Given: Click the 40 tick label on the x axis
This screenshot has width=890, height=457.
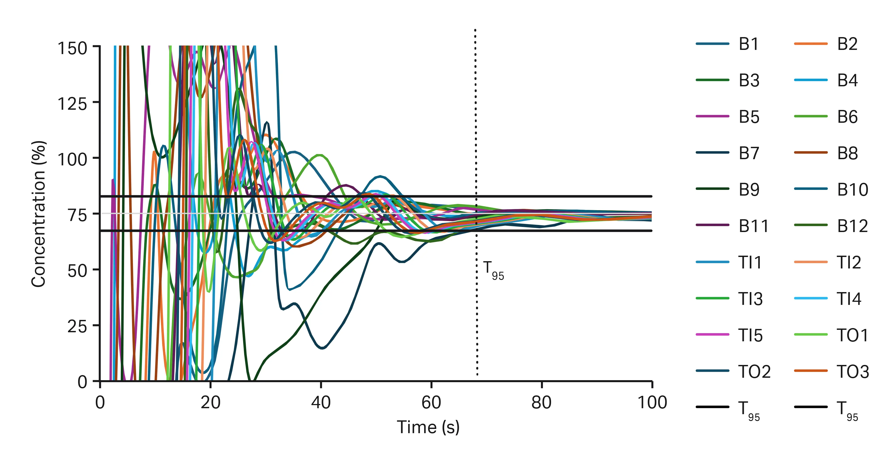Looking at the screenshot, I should [321, 403].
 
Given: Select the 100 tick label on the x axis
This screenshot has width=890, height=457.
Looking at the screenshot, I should [652, 403].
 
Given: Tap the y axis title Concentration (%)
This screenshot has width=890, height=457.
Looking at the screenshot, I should [38, 214].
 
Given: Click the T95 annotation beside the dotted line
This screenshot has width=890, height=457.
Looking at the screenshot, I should [493, 270].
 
